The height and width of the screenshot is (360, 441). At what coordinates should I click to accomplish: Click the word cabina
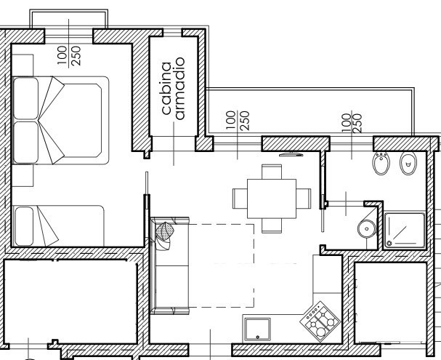click(166, 88)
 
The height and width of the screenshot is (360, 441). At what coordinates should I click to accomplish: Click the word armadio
click(179, 89)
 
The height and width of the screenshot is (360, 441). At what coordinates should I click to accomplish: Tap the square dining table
click(272, 199)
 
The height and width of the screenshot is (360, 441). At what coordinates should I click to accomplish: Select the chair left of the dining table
click(240, 199)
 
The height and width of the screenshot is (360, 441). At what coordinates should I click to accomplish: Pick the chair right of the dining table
click(304, 199)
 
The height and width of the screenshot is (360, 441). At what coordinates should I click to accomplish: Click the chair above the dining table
click(272, 172)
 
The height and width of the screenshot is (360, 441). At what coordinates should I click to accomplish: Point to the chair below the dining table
click(272, 225)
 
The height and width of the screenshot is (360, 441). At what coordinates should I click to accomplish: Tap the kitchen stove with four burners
click(320, 321)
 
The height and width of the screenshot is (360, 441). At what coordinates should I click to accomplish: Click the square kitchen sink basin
click(258, 329)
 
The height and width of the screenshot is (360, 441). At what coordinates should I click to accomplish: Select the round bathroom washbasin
click(367, 229)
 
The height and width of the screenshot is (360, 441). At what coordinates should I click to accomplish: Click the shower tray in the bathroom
click(405, 231)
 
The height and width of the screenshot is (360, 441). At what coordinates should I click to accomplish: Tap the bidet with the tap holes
click(381, 164)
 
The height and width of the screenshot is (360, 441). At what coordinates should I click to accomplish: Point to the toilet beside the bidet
click(408, 164)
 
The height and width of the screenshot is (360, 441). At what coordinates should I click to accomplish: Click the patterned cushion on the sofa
click(164, 231)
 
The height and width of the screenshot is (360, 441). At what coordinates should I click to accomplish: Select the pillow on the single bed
click(25, 226)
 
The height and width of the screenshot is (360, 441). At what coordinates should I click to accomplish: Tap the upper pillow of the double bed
click(26, 98)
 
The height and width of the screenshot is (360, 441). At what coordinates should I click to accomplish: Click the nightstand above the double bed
click(23, 65)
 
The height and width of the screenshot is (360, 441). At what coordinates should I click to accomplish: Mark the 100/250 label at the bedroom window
click(69, 56)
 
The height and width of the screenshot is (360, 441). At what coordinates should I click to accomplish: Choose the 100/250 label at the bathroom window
click(352, 123)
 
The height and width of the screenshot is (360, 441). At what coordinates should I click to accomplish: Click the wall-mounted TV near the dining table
click(291, 154)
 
